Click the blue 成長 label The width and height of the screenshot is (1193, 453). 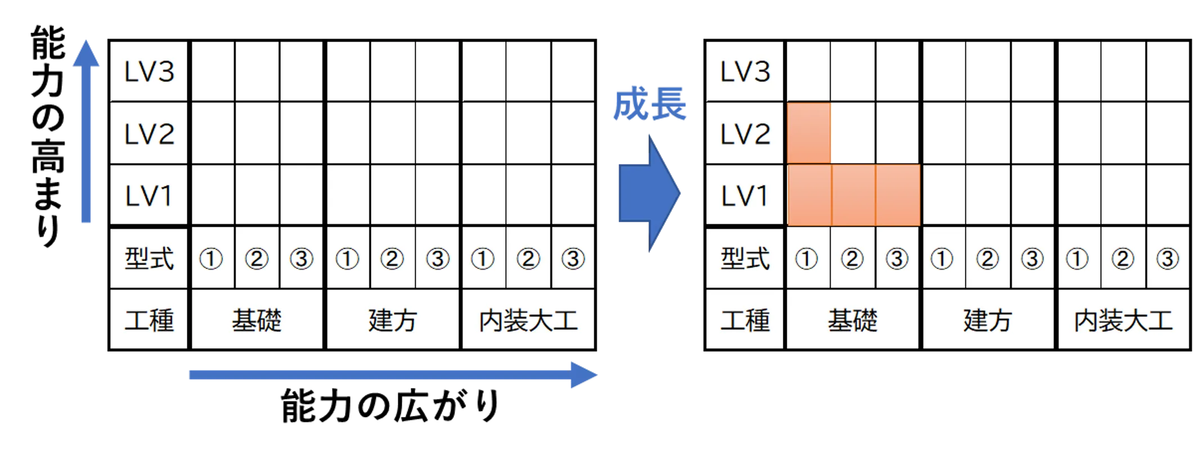650,104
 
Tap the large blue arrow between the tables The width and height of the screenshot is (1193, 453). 649,193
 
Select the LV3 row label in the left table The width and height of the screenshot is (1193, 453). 149,72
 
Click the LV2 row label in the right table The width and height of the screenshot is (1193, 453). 745,134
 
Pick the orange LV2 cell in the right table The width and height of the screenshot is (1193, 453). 809,133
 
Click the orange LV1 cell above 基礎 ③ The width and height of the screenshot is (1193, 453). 898,195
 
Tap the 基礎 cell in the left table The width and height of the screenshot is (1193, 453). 257,320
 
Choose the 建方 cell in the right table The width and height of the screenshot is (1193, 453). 988,320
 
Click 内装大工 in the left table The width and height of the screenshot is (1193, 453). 528,320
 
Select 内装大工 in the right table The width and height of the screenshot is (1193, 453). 1123,320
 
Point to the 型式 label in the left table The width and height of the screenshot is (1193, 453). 149,258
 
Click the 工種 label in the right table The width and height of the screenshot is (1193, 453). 745,320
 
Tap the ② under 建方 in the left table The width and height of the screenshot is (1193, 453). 392,259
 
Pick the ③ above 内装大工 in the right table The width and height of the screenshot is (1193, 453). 1168,259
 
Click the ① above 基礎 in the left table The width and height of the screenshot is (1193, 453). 211,259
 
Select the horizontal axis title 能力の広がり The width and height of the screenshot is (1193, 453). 390,405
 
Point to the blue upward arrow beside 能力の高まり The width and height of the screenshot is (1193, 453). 86,131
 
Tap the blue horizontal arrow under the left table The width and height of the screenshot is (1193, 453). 393,375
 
